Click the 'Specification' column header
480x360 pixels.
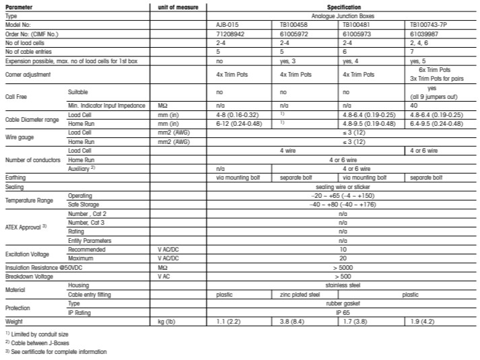click(x=343, y=7)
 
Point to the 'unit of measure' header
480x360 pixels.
click(x=177, y=7)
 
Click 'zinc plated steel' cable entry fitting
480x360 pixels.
click(x=302, y=294)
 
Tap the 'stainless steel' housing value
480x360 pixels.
click(x=343, y=285)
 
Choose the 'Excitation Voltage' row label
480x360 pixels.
click(x=28, y=253)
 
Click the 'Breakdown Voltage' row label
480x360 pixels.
click(x=29, y=276)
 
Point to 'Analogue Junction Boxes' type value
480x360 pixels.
click(x=343, y=14)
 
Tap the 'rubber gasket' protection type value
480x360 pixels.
click(x=343, y=304)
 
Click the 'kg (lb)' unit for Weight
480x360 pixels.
click(x=166, y=322)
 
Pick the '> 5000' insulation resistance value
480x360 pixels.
click(x=343, y=267)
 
